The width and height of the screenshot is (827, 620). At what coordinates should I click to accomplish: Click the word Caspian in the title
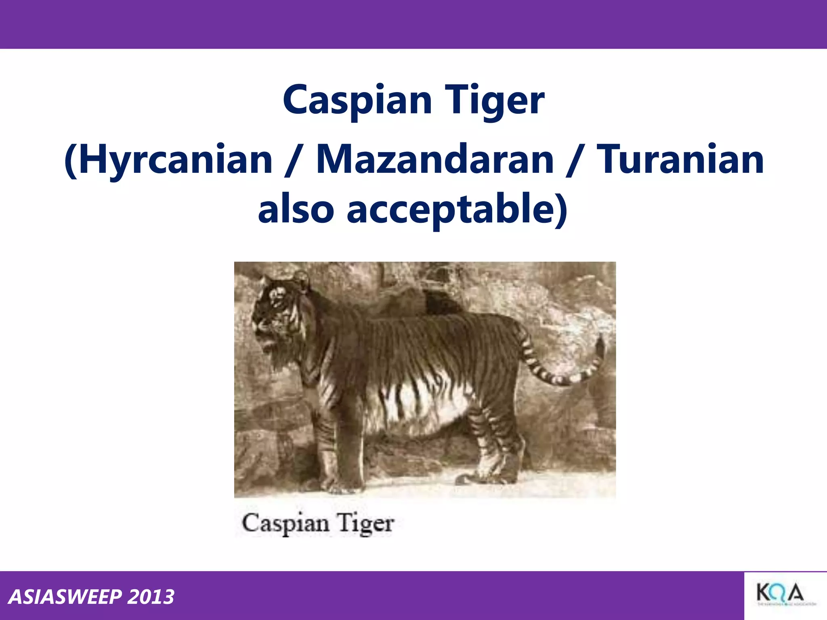pyautogui.click(x=357, y=100)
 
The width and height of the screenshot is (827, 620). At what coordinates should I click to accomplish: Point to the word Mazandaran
pyautogui.click(x=434, y=160)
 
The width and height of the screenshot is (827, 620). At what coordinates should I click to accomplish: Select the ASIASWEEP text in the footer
pyautogui.click(x=65, y=597)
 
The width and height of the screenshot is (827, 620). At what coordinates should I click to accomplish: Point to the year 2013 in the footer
pyautogui.click(x=151, y=597)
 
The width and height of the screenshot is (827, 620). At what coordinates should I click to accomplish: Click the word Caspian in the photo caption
pyautogui.click(x=285, y=524)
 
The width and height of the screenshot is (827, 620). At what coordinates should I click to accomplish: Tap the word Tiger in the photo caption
pyautogui.click(x=366, y=524)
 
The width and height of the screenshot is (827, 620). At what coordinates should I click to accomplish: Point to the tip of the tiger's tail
pyautogui.click(x=600, y=343)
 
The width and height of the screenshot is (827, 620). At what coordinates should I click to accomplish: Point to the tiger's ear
pyautogui.click(x=301, y=278)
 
